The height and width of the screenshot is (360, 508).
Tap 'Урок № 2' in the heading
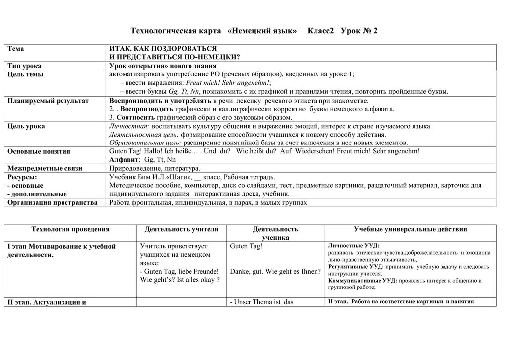click(x=359, y=31)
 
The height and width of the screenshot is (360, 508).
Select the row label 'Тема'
click(x=16, y=49)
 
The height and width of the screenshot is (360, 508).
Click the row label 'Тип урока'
click(x=25, y=66)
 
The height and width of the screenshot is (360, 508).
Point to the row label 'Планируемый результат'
click(x=48, y=101)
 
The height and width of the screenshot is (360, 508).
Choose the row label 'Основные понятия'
click(x=39, y=151)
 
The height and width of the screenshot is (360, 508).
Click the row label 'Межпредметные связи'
click(x=45, y=169)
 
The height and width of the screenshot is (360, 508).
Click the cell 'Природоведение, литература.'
click(x=154, y=169)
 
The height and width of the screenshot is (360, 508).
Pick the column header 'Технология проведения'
click(x=70, y=229)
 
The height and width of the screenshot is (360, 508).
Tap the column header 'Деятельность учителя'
click(x=181, y=229)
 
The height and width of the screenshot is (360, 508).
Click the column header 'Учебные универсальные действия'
click(x=410, y=229)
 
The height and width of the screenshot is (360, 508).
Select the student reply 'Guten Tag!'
click(x=246, y=246)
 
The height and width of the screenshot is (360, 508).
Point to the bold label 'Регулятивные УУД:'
click(x=353, y=267)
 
